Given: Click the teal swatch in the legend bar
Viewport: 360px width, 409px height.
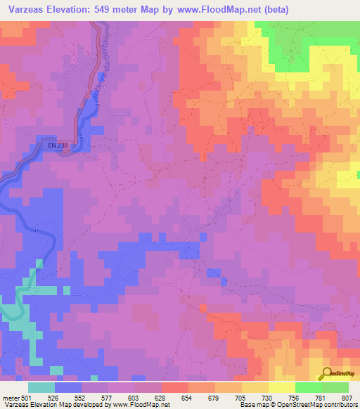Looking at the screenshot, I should pos(41,387).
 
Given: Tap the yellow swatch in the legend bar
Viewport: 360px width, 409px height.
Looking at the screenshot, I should pos(281,387).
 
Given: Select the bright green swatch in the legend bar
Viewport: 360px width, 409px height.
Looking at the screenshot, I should pos(308,387).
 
